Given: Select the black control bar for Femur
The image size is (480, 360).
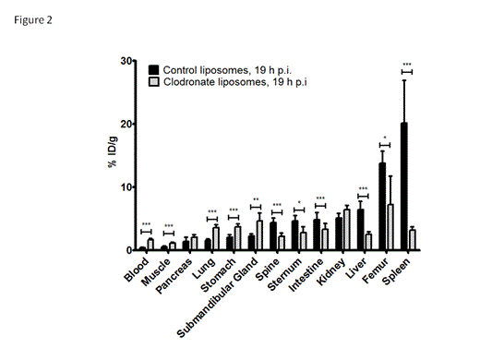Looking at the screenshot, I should [x=382, y=207].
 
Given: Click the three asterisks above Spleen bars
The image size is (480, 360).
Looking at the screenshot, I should [x=407, y=65].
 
